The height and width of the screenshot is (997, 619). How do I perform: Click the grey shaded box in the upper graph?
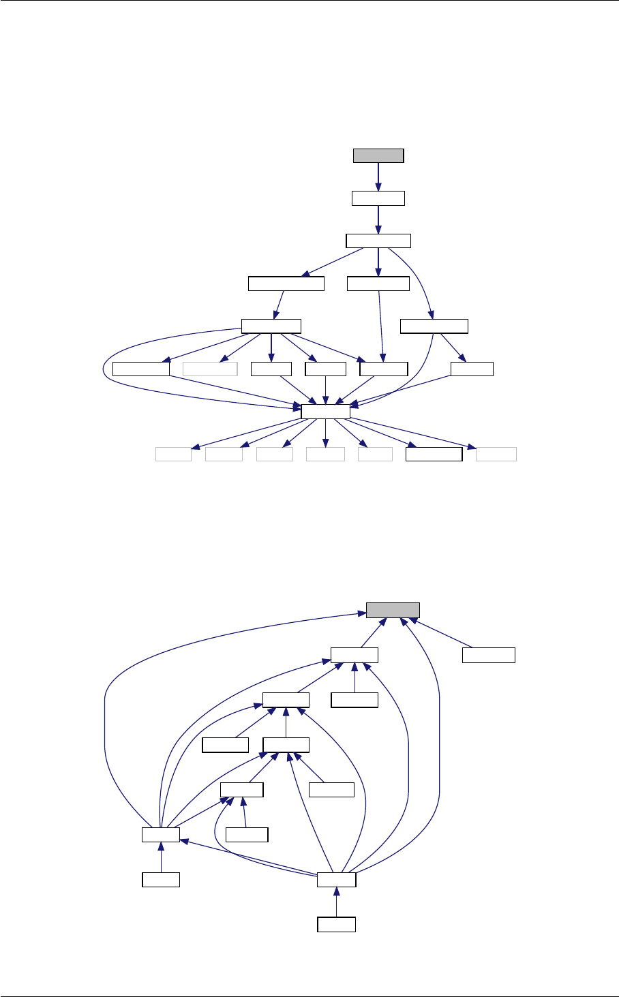point(378,155)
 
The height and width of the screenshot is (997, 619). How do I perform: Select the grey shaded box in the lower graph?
point(393,610)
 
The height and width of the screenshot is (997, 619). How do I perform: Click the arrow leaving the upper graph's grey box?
point(378,177)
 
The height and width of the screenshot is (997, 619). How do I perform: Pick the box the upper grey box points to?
point(378,198)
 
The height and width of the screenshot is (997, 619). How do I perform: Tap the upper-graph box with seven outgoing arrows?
point(325,410)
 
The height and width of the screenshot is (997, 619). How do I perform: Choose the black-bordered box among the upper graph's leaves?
point(434,455)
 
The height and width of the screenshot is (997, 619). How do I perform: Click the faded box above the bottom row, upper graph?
point(210,369)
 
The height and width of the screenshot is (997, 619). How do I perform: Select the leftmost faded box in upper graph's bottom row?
point(173,455)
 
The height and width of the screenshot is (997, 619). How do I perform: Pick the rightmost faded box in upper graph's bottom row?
point(496,455)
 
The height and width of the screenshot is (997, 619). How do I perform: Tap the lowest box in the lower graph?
point(337,924)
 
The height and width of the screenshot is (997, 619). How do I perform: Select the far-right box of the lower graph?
point(488,655)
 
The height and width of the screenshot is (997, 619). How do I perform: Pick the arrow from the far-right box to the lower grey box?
point(443,634)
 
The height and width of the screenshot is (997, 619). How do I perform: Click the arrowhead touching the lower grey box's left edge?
point(361,613)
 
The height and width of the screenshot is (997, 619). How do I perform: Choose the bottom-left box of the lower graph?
point(161,880)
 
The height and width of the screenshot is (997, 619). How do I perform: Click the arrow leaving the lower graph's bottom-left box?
point(161,857)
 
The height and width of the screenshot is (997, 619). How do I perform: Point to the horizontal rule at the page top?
point(309,1)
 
